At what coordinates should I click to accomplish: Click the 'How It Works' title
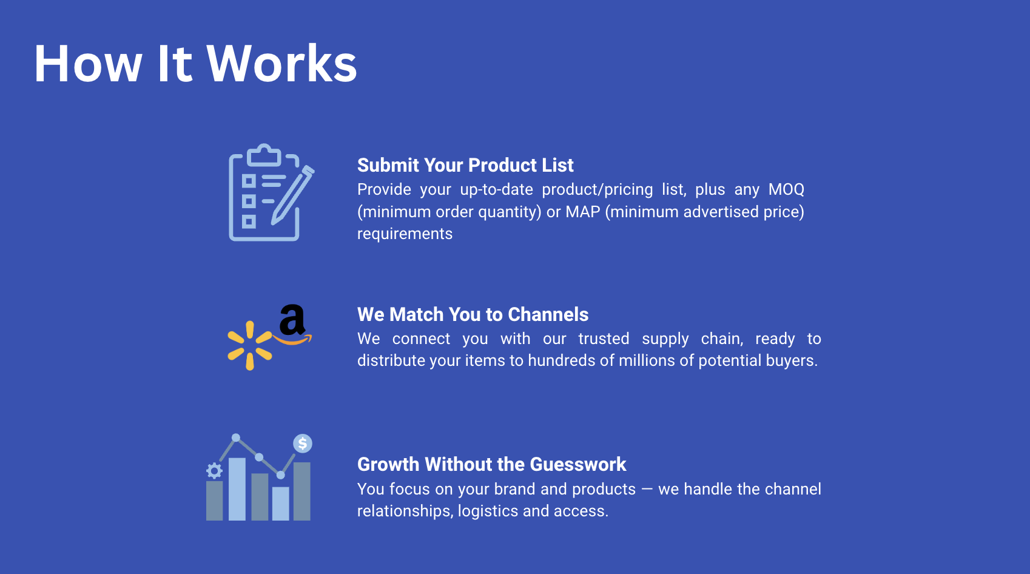(x=195, y=64)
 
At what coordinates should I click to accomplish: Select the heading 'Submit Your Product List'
(x=465, y=165)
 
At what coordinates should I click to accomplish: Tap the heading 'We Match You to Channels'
(x=473, y=314)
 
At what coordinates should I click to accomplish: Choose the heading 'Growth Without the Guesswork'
(x=491, y=464)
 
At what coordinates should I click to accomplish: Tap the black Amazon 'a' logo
(x=292, y=320)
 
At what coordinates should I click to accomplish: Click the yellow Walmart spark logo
(x=249, y=346)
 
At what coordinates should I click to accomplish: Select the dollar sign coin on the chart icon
(x=303, y=444)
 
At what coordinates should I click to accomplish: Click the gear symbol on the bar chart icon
(x=214, y=470)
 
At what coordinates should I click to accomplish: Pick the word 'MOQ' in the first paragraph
(x=786, y=189)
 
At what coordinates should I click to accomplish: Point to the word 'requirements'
(x=405, y=234)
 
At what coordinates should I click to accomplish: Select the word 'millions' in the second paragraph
(x=645, y=360)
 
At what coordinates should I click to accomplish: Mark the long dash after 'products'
(x=647, y=489)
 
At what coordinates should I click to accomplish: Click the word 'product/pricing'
(x=597, y=190)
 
